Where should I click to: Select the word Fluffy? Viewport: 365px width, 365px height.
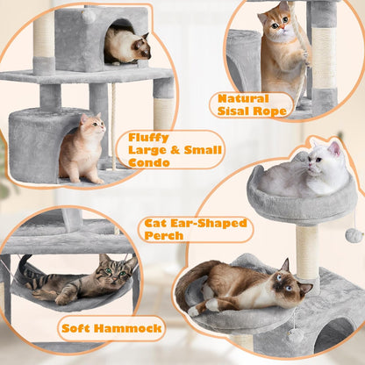click(x=148, y=136)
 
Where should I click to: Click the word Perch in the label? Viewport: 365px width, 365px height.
click(x=165, y=235)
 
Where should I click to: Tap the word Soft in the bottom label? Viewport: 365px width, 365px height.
click(x=80, y=330)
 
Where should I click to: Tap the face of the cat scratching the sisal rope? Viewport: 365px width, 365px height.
click(x=278, y=21)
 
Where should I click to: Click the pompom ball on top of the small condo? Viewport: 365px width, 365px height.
click(x=88, y=15)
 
